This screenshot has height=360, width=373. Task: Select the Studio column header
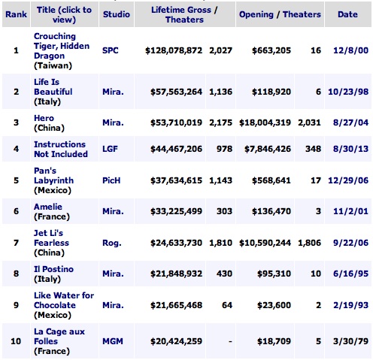coord(115,14)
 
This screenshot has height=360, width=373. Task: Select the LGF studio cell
coord(110,149)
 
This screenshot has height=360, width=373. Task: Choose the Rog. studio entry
coord(111,243)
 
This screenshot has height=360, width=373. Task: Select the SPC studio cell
coord(111,51)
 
